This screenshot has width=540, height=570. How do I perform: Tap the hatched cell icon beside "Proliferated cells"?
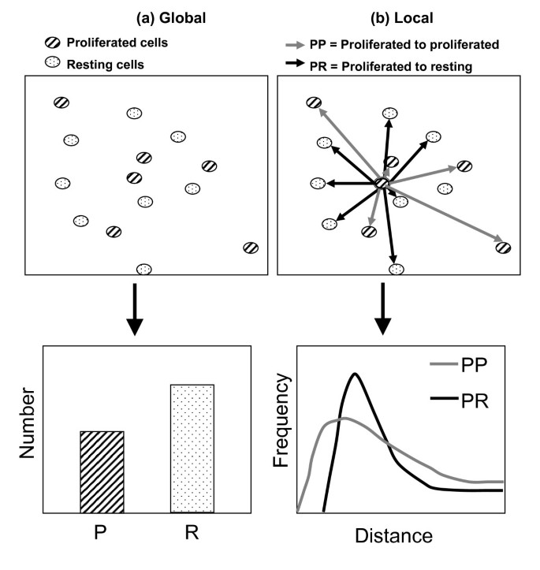53,42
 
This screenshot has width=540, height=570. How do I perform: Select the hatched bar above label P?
102,471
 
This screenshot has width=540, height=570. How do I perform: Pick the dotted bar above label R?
192,448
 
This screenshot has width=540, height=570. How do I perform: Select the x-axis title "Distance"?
393,537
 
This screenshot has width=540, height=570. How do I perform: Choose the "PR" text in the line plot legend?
472,401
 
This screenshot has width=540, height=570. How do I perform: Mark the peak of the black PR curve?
356,374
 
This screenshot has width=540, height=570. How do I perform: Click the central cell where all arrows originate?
382,184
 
